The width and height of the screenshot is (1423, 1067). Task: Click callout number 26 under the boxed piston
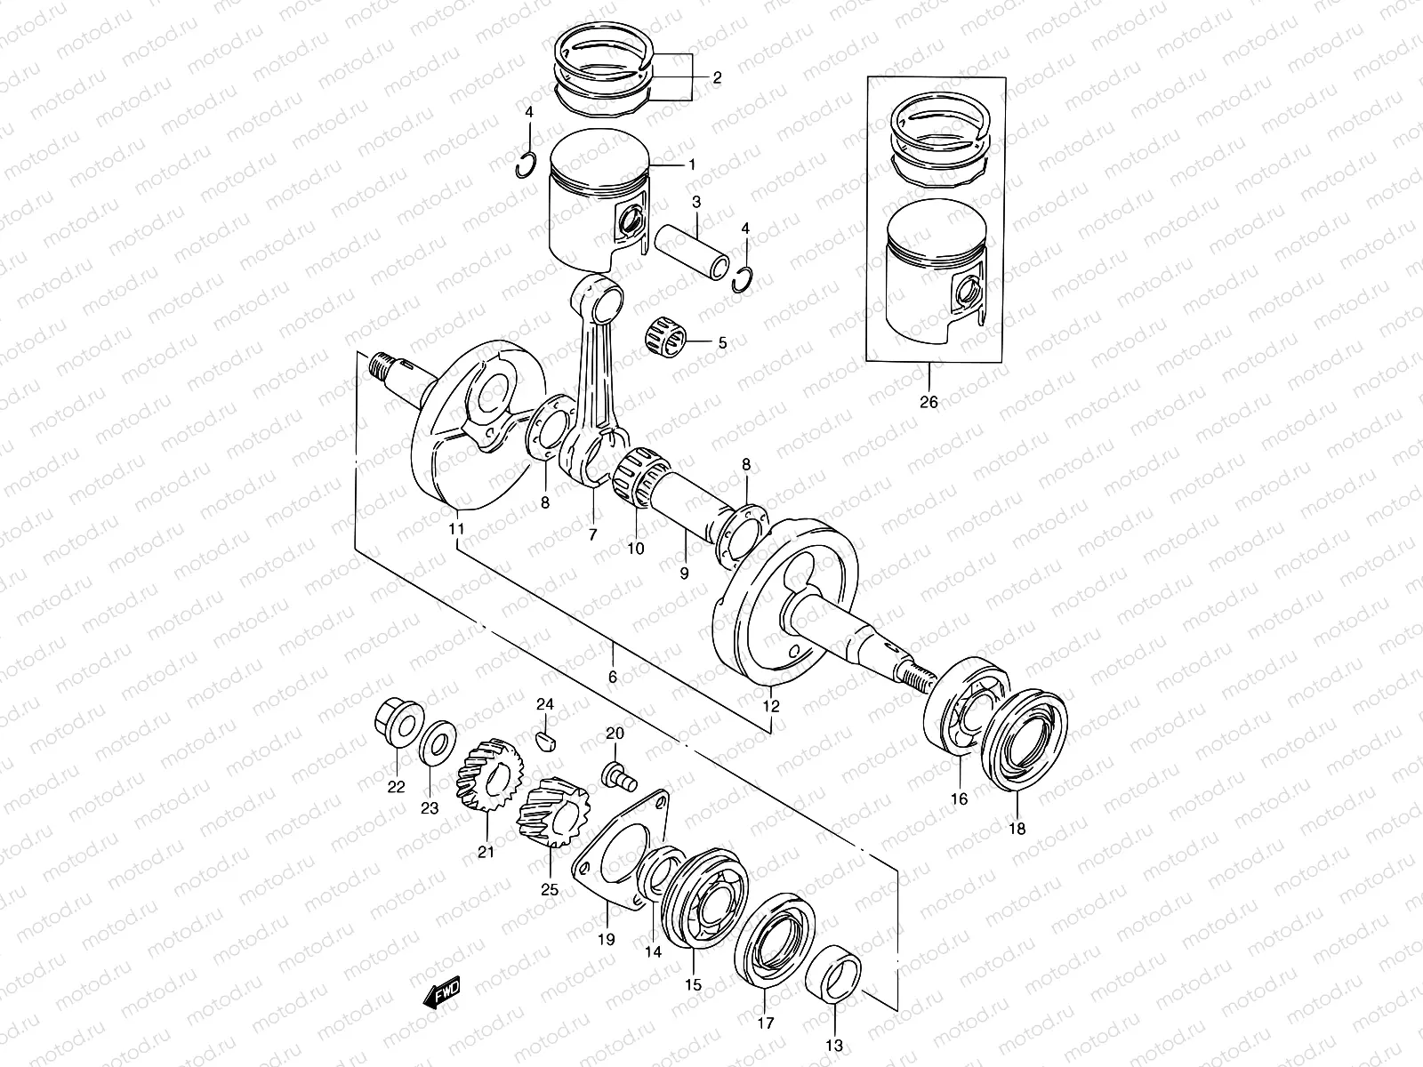pyautogui.click(x=928, y=402)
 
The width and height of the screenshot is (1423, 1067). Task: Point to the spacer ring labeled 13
pyautogui.click(x=837, y=976)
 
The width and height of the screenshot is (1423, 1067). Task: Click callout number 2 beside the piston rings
pyautogui.click(x=716, y=77)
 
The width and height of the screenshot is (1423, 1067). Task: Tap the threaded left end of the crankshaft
pyautogui.click(x=384, y=365)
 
